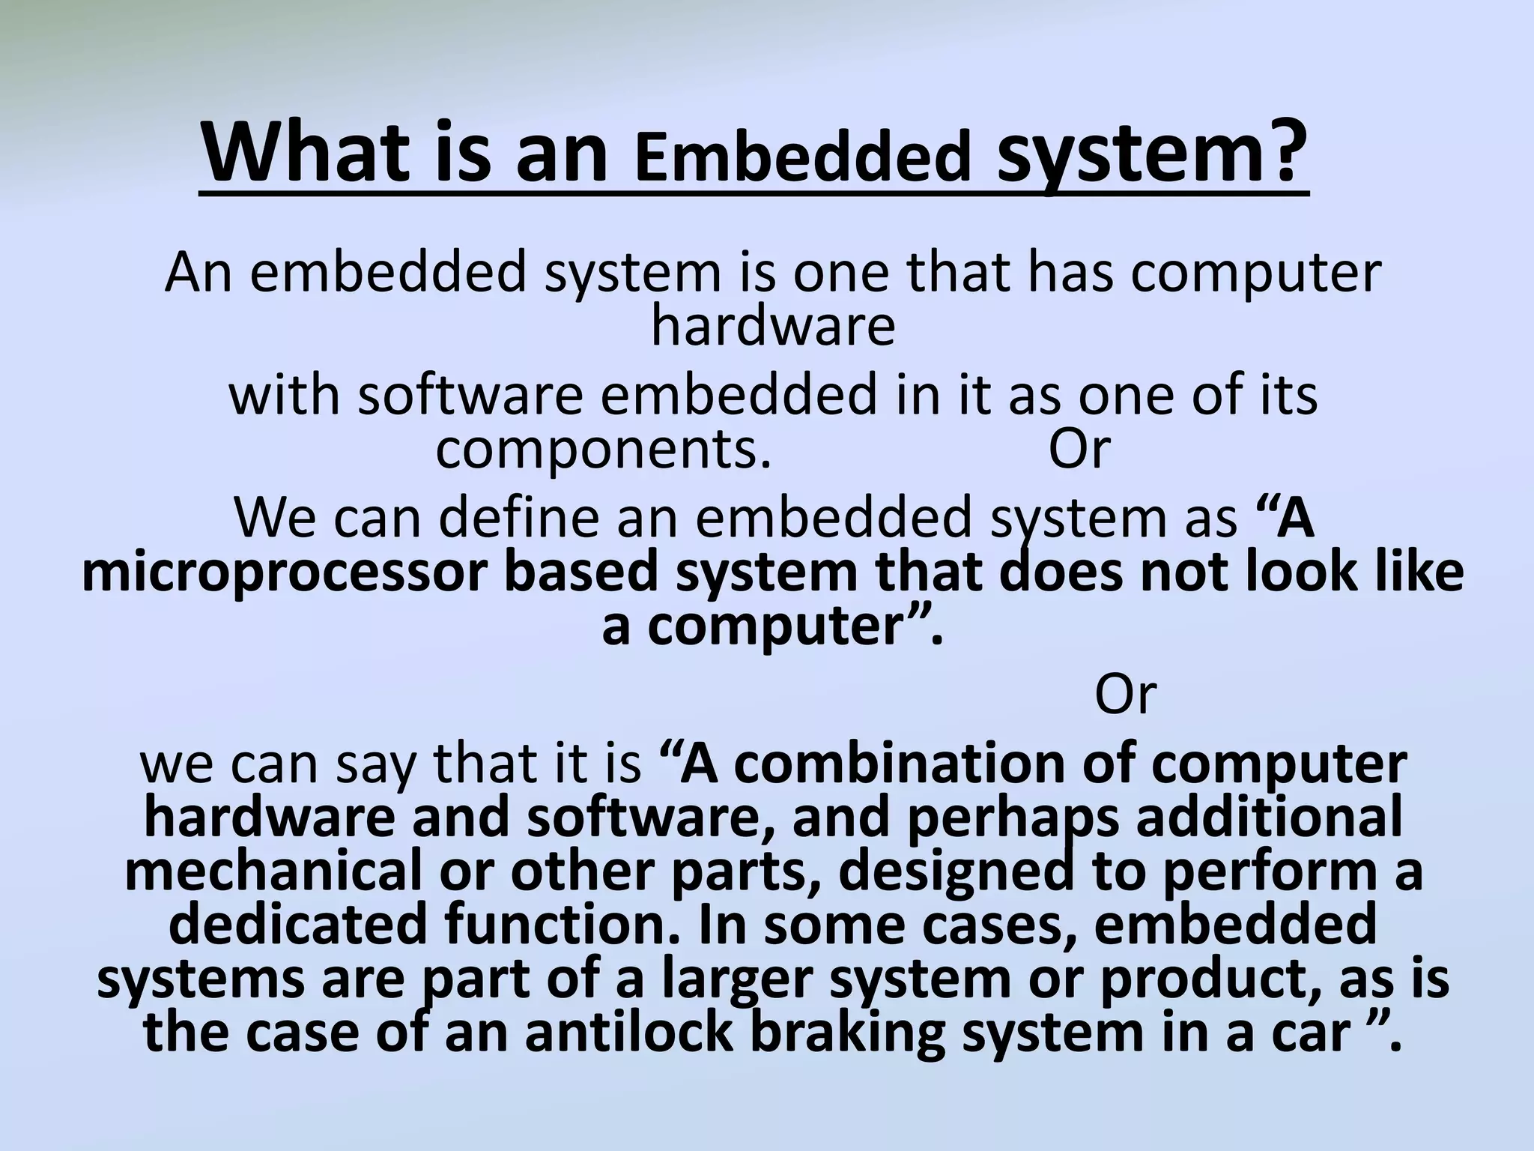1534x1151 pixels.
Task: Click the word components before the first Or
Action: coord(603,450)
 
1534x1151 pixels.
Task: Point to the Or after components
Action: coord(1078,450)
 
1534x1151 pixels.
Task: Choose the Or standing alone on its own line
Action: coord(1125,695)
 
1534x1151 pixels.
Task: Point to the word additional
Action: coord(1269,818)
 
